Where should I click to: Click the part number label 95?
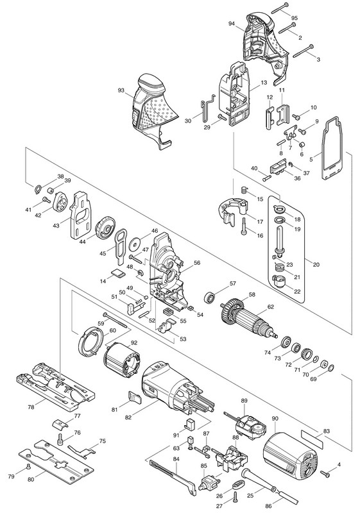(295, 17)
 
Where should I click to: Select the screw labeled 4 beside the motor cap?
(324, 473)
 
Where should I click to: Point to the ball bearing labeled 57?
(209, 298)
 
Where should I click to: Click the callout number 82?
(128, 418)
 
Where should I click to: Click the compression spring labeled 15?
(244, 189)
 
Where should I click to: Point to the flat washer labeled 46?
(134, 244)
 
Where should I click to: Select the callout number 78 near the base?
(31, 407)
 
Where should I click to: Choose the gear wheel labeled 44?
(105, 228)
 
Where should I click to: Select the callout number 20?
(316, 265)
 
